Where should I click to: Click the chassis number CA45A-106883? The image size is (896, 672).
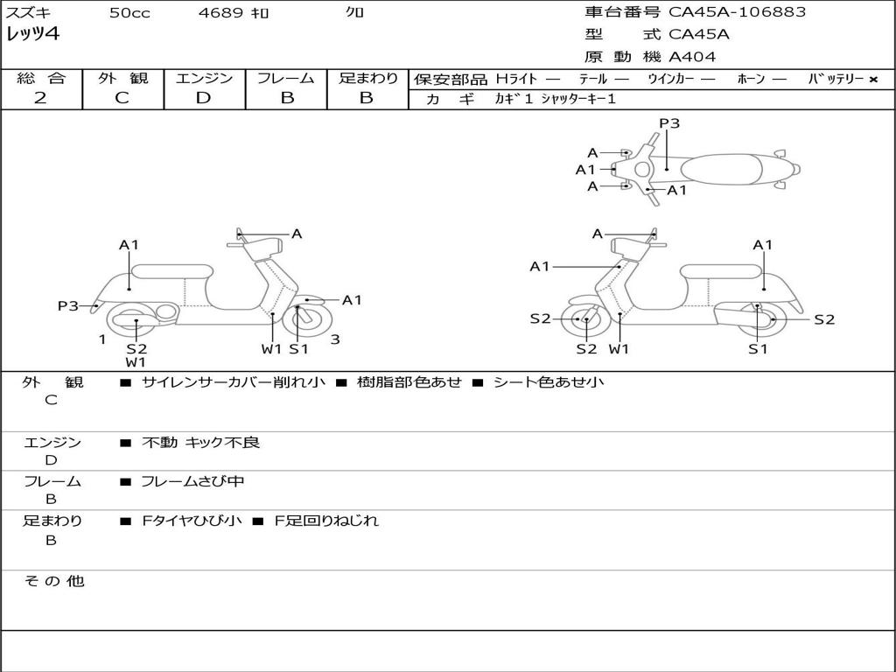pos(737,12)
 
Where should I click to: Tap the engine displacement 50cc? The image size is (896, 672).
pos(129,13)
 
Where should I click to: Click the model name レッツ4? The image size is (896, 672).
pos(32,35)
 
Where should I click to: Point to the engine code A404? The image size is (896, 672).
pos(692,57)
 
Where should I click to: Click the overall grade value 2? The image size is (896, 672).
pos(40,98)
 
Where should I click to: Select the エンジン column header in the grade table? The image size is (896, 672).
pos(204,78)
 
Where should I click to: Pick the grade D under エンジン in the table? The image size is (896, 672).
pos(203,98)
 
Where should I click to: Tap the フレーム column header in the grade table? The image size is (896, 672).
pos(286,78)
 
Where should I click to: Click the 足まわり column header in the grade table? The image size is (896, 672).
pos(367,78)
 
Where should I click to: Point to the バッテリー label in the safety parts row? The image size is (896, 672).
pos(835,79)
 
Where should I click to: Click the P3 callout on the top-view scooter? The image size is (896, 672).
pos(669,123)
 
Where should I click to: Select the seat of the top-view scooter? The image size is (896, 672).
pos(723,168)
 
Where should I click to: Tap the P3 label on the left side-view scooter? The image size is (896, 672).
pos(68,305)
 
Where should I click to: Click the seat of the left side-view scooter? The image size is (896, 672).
pos(171,270)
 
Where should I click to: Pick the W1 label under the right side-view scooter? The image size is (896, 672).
pos(619,349)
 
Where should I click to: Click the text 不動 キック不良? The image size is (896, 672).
pos(200,443)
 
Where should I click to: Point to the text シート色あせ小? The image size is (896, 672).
pos(549,382)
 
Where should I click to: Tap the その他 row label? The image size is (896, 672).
pos(53,582)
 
